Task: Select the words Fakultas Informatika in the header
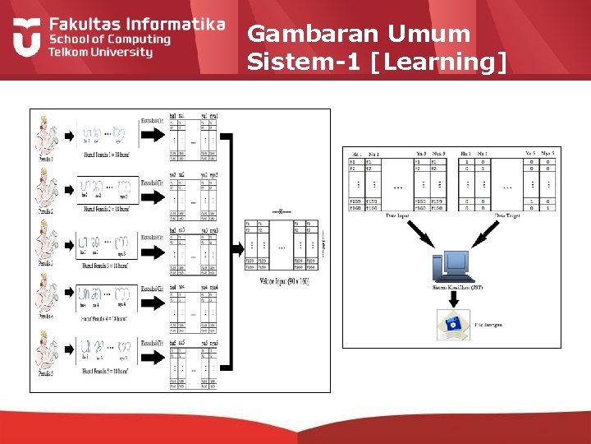coord(136,24)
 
